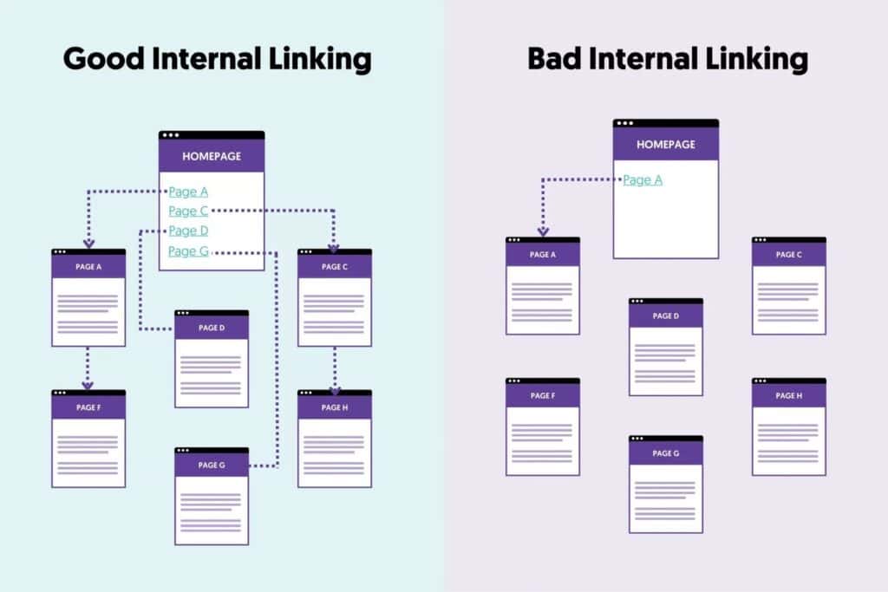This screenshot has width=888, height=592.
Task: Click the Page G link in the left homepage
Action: [x=188, y=251]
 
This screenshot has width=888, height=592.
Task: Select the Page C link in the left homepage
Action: [x=188, y=211]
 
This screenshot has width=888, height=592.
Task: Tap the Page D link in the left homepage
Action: [x=188, y=231]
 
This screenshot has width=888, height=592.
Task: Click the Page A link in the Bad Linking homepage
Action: [x=643, y=180]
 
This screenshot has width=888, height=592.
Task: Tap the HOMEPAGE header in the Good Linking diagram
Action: [x=212, y=157]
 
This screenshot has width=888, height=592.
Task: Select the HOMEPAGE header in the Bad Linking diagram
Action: [x=666, y=145]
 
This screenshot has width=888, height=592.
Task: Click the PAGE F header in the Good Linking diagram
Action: [x=88, y=407]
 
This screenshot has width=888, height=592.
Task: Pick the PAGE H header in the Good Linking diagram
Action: [x=335, y=407]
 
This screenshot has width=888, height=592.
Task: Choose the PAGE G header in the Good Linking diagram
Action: [x=212, y=465]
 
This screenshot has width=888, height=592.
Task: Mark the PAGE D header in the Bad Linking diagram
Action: [x=666, y=316]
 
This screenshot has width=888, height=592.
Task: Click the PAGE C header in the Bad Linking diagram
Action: [x=789, y=255]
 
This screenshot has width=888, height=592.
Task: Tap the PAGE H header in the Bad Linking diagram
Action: [x=789, y=396]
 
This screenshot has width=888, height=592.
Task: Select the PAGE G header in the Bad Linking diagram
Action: [x=666, y=453]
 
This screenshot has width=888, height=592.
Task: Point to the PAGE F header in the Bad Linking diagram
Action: [x=543, y=396]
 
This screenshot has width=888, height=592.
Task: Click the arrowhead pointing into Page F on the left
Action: [x=88, y=385]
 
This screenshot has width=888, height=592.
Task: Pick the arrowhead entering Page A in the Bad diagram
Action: [x=543, y=231]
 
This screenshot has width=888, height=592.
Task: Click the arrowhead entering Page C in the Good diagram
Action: [x=335, y=244]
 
